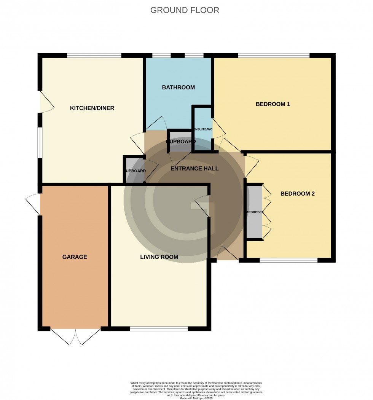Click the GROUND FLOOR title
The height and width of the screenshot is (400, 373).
[185, 10]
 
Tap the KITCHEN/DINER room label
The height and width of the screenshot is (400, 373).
[92, 108]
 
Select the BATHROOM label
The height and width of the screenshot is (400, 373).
[178, 87]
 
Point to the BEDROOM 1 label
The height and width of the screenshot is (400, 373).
[273, 104]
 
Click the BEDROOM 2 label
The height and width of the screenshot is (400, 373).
[297, 194]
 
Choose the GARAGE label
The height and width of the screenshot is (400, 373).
[75, 257]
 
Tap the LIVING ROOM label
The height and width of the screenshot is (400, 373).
[159, 257]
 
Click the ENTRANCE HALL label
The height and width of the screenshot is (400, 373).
[194, 168]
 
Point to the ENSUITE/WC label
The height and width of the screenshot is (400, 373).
[203, 129]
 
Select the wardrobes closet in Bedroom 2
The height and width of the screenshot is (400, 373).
[254, 212]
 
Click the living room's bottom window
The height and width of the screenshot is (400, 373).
[159, 329]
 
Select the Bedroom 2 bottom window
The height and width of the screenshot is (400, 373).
[289, 260]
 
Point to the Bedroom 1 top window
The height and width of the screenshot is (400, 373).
[273, 56]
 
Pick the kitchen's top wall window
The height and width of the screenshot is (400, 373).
[94, 56]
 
